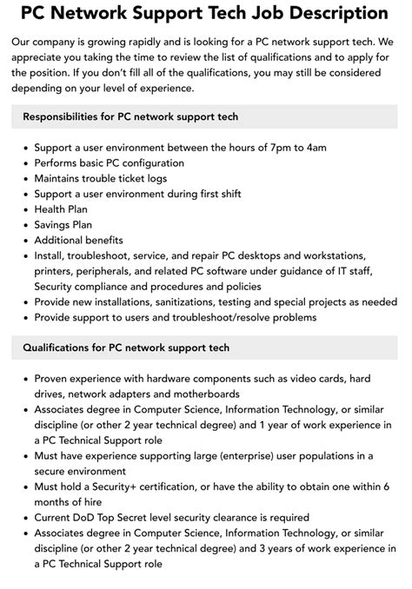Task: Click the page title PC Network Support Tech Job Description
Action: pos(205,15)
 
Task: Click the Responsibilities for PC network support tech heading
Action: pos(130,116)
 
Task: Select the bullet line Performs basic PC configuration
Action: pos(109,163)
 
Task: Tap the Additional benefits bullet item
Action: pos(79,241)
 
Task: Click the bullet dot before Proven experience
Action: pos(23,379)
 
